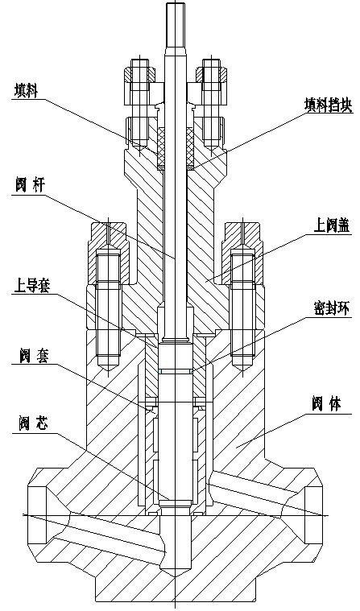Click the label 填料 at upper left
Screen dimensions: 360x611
[27, 90]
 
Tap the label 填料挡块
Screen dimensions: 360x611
[329, 105]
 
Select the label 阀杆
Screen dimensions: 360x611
[30, 185]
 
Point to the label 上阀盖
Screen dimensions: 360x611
[332, 225]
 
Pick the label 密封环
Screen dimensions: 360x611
[332, 309]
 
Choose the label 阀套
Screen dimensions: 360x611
[34, 355]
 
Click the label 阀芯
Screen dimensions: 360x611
[34, 424]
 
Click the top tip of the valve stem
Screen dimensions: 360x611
[176, 3]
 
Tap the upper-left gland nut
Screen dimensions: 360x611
[140, 74]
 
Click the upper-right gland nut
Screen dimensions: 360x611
[211, 74]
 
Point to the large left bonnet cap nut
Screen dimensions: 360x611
[109, 252]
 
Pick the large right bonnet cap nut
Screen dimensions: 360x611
[242, 252]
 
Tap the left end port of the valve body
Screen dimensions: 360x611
[37, 515]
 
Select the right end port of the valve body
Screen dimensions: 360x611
[312, 515]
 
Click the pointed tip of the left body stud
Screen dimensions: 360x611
[109, 370]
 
